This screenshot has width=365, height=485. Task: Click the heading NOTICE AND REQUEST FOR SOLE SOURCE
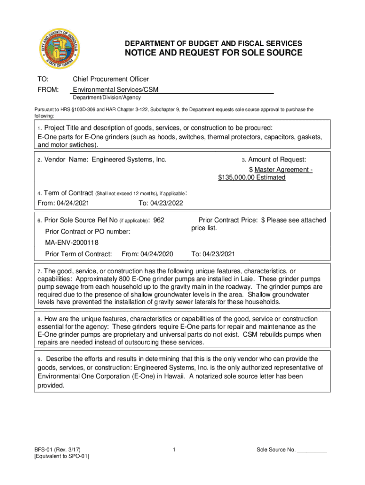click(x=213, y=53)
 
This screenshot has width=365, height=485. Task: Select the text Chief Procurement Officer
click(x=110, y=79)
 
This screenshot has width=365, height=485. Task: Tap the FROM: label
click(x=48, y=90)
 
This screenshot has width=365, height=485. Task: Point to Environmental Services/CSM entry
click(x=115, y=90)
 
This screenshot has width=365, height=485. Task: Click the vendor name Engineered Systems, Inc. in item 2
click(x=129, y=160)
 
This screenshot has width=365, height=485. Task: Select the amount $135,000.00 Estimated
click(x=252, y=178)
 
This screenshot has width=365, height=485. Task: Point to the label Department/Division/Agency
click(x=107, y=98)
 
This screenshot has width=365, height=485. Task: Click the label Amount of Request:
click(x=277, y=160)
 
